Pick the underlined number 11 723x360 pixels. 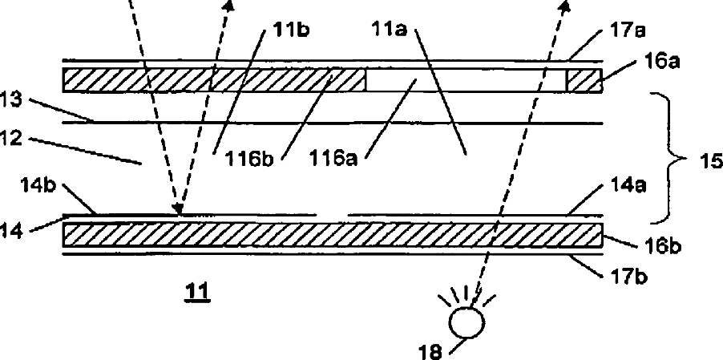(x=196, y=293)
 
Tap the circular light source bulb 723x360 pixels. (x=468, y=322)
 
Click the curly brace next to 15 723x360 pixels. (x=672, y=158)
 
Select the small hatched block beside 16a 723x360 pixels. (x=584, y=80)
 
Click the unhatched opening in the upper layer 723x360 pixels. (x=465, y=80)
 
